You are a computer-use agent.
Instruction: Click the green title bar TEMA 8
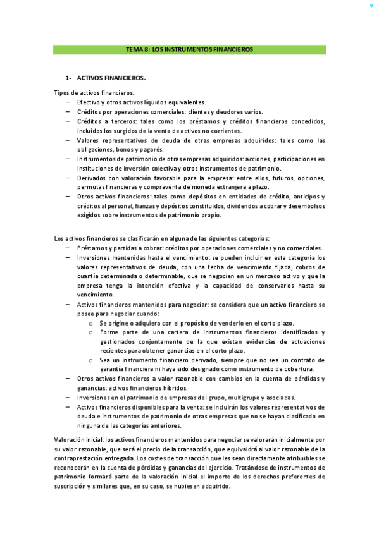coord(189,49)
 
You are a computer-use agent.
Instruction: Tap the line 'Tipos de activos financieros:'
coord(89,93)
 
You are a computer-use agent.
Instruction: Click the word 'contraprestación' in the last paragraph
coord(84,458)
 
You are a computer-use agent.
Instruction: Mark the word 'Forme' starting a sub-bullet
coord(109,332)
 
